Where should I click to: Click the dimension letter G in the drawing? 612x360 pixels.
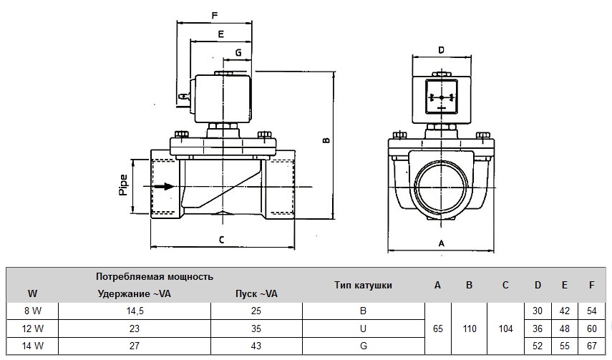[238, 53]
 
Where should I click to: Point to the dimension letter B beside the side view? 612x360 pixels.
[326, 141]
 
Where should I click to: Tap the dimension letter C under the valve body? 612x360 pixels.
[222, 240]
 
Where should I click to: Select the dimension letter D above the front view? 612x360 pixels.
[441, 50]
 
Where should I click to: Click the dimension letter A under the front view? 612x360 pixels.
[441, 243]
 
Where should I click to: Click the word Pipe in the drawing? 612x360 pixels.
[122, 185]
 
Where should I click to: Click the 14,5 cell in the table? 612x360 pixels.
[135, 310]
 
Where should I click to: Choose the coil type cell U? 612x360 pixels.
[363, 327]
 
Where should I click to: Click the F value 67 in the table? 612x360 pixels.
[591, 344]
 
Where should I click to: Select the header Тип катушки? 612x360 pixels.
[363, 285]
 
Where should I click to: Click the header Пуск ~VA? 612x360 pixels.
[256, 293]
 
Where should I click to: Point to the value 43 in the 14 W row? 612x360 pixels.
[256, 344]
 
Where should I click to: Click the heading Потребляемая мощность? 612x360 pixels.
[155, 276]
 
